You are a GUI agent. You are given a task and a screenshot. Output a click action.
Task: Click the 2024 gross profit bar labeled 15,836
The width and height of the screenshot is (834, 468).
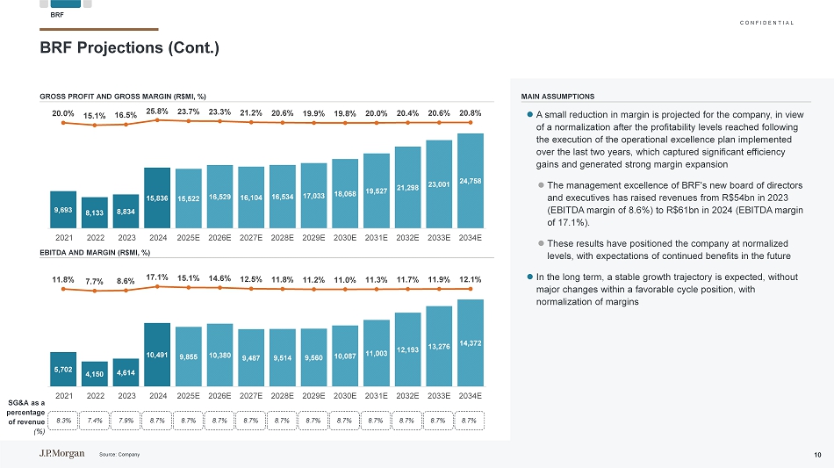pyautogui.click(x=157, y=198)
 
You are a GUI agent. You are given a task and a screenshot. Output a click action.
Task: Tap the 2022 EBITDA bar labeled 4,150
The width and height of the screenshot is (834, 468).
pyautogui.click(x=95, y=375)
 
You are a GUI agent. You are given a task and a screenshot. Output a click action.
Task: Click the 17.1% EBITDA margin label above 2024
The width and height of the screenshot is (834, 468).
pyautogui.click(x=158, y=277)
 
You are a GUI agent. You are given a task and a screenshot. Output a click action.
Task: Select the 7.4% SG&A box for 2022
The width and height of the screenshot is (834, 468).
pyautogui.click(x=95, y=421)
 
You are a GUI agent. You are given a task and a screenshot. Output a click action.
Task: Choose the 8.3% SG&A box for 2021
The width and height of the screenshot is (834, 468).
pyautogui.click(x=64, y=421)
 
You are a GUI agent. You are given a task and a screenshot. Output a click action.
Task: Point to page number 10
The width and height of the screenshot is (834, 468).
pyautogui.click(x=816, y=454)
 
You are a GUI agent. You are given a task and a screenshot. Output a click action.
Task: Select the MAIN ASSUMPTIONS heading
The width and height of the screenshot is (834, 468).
pyautogui.click(x=557, y=97)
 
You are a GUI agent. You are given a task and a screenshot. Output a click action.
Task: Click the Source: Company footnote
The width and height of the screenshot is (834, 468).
pyautogui.click(x=119, y=454)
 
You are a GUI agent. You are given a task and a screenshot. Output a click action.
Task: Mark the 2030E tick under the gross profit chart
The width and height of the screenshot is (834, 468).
pyautogui.click(x=345, y=237)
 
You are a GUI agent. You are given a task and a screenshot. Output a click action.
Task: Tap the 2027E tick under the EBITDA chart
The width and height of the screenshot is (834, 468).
pyautogui.click(x=252, y=396)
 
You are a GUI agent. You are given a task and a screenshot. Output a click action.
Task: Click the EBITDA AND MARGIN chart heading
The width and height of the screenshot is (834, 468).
pyautogui.click(x=95, y=253)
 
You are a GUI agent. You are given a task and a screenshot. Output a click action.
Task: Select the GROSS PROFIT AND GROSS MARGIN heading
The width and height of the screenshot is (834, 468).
pyautogui.click(x=122, y=96)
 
